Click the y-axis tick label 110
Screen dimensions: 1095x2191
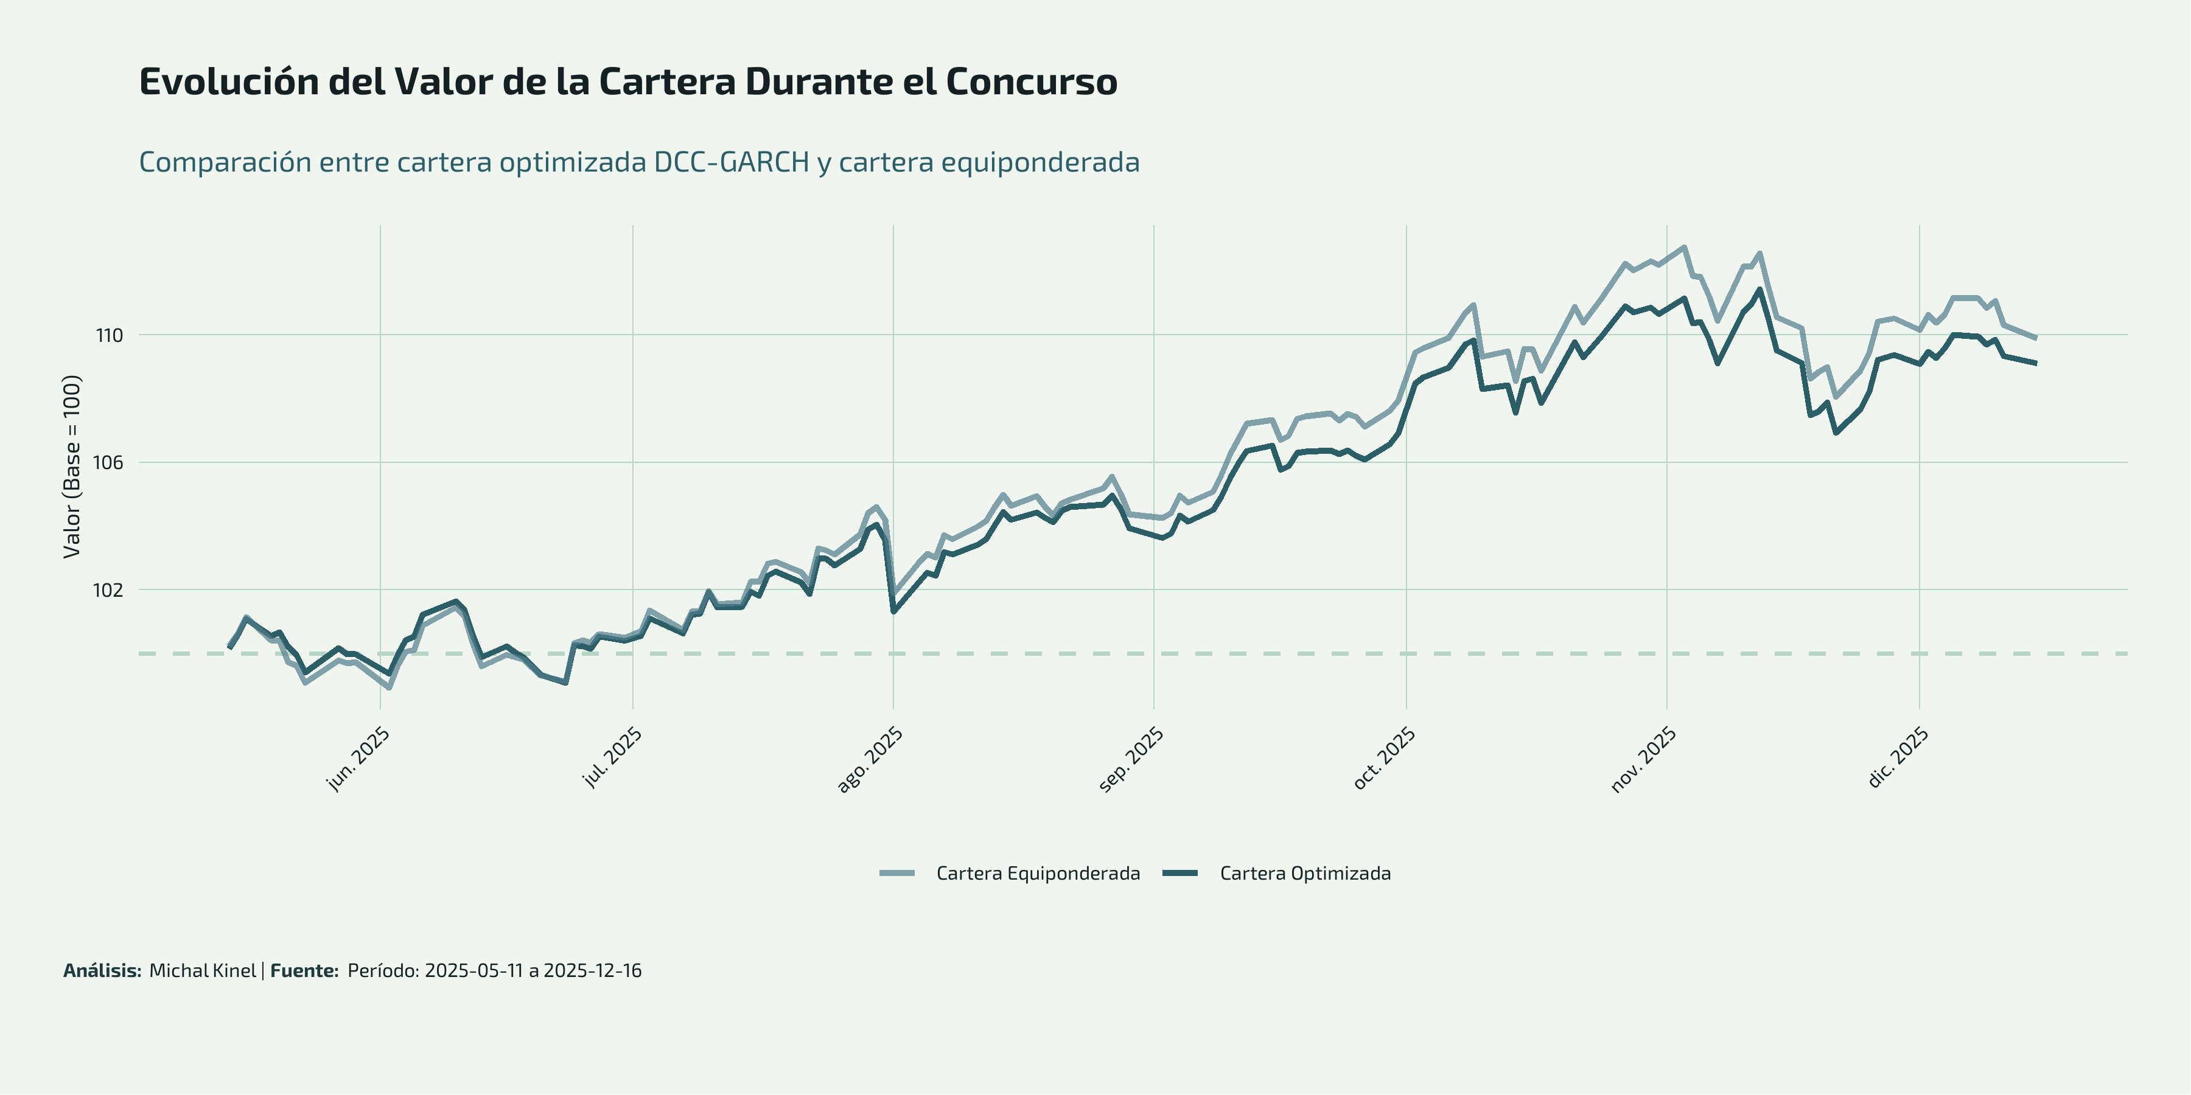click(x=109, y=336)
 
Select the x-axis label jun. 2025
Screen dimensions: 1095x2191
click(x=358, y=759)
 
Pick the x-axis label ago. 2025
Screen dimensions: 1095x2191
click(x=869, y=760)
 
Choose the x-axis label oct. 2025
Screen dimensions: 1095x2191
click(x=1384, y=759)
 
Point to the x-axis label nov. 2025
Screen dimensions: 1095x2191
click(x=1643, y=760)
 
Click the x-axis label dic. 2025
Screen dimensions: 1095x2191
click(x=1898, y=759)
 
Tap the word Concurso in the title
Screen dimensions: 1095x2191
click(x=1031, y=82)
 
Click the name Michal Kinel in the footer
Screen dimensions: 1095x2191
click(x=203, y=971)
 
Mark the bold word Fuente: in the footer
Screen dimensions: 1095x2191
click(x=304, y=971)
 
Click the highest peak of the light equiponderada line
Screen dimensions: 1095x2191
click(x=1684, y=248)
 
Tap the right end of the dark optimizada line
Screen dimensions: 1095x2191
click(x=2035, y=364)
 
